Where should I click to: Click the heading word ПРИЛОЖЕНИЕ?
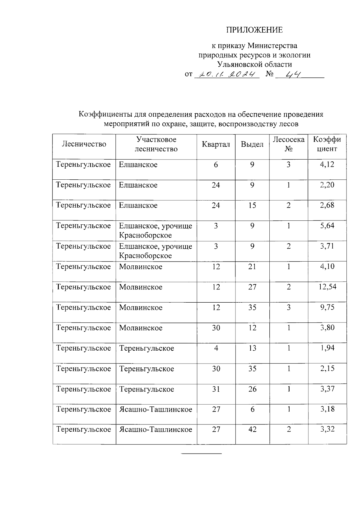coord(254,30)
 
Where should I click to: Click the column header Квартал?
coord(216,144)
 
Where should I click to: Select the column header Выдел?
coord(252,144)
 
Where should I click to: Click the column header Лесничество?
coord(84,144)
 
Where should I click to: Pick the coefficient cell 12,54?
coord(327,287)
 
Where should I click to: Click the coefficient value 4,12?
coord(327,164)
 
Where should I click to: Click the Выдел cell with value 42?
coord(252,430)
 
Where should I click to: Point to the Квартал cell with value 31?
coord(216,389)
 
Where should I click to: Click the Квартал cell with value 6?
coord(216,165)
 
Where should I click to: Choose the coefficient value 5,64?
coord(327,226)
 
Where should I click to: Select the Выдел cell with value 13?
coord(252,348)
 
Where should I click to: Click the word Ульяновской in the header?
coord(238,64)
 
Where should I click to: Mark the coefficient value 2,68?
coord(327,205)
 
